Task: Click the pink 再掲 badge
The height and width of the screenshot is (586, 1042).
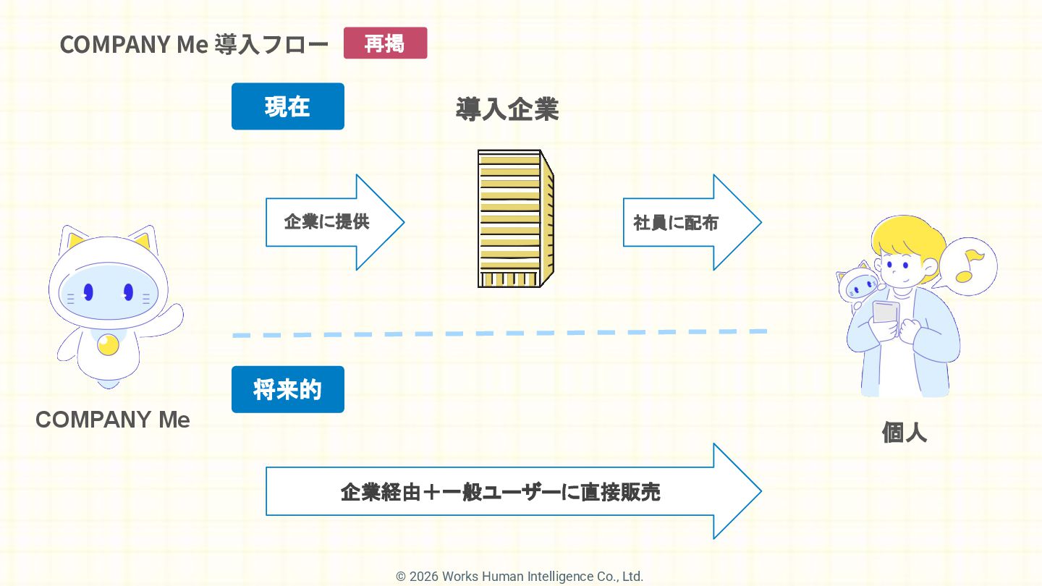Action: coord(385,43)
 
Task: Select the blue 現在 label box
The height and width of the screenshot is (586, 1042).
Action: coord(287,106)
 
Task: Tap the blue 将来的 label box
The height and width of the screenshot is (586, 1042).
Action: coord(287,389)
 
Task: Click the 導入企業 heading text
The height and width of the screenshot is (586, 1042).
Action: coord(507,110)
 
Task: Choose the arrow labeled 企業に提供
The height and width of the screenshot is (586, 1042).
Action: coord(334,222)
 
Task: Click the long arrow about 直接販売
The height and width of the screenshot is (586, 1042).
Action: coord(507,492)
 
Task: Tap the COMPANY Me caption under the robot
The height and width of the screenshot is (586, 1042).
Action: coord(113,420)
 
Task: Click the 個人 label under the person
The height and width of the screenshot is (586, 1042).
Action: coord(904,433)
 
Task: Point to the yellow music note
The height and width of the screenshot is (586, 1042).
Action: coord(968,266)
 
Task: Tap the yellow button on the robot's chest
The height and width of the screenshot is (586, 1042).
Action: coord(108,345)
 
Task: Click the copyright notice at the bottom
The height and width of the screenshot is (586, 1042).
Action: coord(520,577)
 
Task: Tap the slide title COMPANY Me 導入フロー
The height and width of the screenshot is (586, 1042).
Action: coord(194,44)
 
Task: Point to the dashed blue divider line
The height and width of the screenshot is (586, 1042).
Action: coord(499,334)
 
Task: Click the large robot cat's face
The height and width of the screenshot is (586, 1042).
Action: coord(108,293)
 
